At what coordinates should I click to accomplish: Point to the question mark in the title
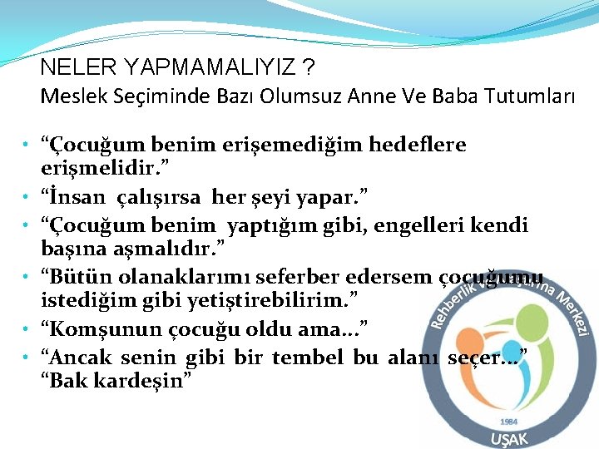(x=309, y=67)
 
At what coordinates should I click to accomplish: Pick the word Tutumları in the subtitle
(x=528, y=96)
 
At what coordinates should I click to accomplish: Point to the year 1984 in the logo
(x=508, y=422)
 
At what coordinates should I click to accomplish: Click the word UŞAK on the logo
(x=509, y=438)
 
